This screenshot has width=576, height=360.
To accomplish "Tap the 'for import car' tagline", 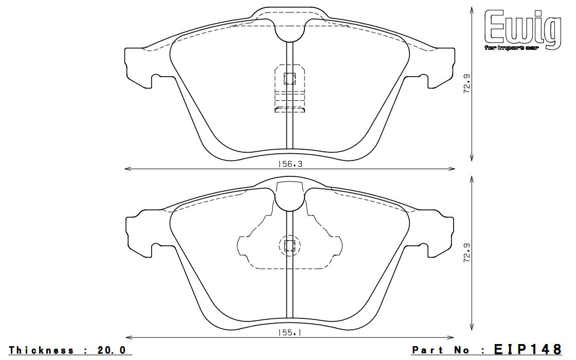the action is pyautogui.click(x=511, y=48).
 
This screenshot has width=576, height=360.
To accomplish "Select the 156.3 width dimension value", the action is pyautogui.click(x=290, y=164).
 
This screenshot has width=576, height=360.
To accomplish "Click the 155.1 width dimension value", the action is pyautogui.click(x=290, y=333).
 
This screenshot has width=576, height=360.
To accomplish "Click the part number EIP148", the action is pyautogui.click(x=528, y=349).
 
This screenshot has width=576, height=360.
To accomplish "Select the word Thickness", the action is pyautogui.click(x=41, y=350).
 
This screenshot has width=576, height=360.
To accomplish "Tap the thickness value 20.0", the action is pyautogui.click(x=111, y=350).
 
